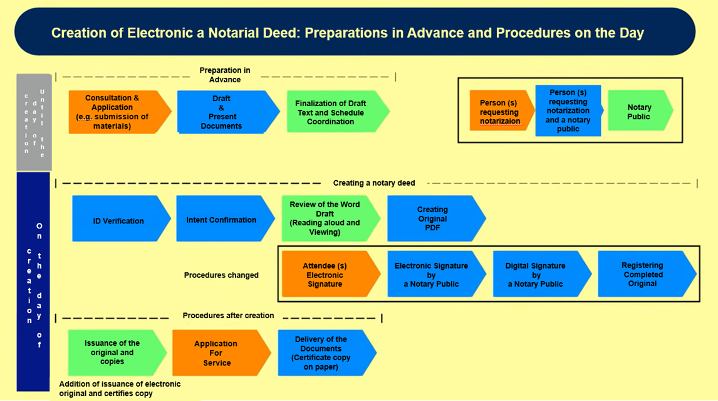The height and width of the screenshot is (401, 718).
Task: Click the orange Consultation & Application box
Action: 116,112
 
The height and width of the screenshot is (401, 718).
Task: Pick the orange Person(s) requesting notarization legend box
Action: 501,112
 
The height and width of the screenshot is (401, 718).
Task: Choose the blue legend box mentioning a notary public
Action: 568,111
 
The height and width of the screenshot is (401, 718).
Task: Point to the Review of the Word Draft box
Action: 326,218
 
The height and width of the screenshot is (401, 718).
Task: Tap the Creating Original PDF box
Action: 432,218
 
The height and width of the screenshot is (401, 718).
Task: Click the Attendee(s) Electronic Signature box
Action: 326,275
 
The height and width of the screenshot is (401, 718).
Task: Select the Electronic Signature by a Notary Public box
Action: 432,275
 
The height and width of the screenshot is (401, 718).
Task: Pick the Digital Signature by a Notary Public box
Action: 537,275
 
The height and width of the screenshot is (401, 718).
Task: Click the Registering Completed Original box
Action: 643,275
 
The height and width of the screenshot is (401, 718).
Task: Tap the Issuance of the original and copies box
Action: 113,352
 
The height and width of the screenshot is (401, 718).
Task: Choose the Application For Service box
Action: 217,353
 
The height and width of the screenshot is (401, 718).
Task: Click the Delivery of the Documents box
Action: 322,353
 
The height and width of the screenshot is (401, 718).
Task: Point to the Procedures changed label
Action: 221,275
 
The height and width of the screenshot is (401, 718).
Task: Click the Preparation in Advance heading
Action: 225,75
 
